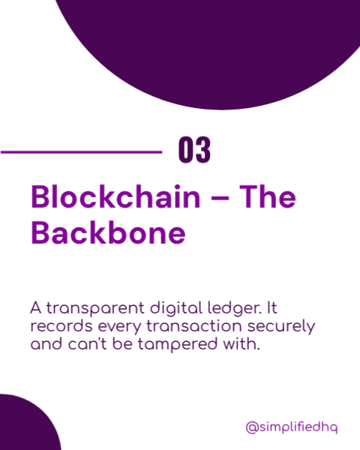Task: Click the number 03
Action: [x=194, y=150]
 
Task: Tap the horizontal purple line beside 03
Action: [x=81, y=151]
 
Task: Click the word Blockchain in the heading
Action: [x=115, y=196]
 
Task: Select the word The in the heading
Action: [x=268, y=196]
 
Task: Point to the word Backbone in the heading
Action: [x=108, y=232]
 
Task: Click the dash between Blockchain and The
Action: [x=220, y=198]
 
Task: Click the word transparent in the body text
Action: [x=95, y=309]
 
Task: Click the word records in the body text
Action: [x=61, y=326]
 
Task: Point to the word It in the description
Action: [x=272, y=308]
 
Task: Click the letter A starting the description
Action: [x=36, y=308]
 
